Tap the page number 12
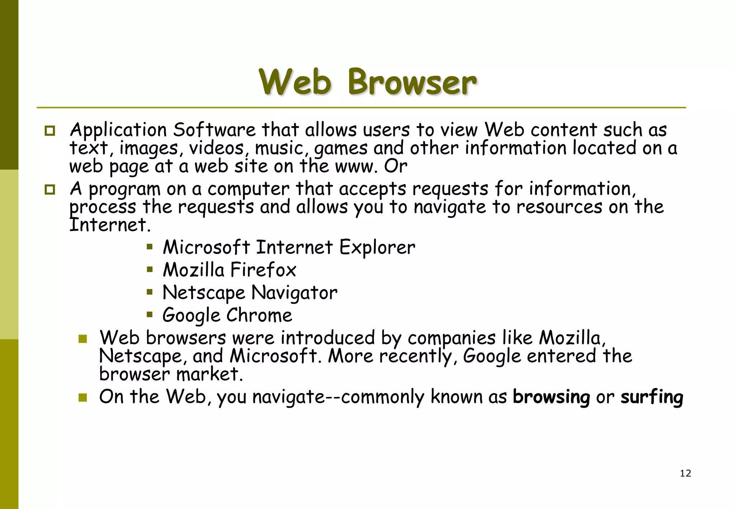point(685,473)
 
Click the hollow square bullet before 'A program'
point(50,189)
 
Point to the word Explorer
point(377,247)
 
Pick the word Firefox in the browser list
point(263,270)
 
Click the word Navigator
point(294,293)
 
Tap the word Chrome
point(259,316)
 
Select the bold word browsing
point(551,397)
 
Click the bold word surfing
point(652,397)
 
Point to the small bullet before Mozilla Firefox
point(150,269)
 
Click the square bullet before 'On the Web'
point(83,397)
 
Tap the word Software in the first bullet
point(214,130)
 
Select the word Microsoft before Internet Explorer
point(206,247)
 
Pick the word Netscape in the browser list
point(203,293)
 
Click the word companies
point(451,338)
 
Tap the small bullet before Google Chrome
point(150,315)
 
